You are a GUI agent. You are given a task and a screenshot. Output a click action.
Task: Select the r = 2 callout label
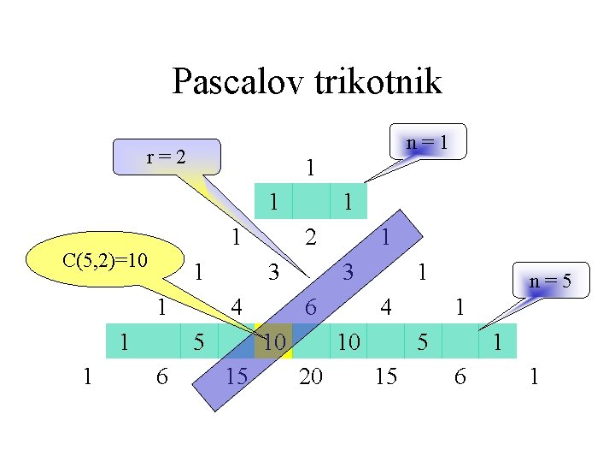(167, 157)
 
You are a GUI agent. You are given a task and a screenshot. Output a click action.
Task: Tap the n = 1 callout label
(427, 142)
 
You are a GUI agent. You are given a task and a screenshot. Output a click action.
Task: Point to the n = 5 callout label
(549, 280)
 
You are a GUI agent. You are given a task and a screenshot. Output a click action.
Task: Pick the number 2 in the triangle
(312, 237)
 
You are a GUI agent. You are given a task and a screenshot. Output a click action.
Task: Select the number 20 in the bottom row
(311, 376)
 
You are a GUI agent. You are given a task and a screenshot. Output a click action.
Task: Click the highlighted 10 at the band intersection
(273, 342)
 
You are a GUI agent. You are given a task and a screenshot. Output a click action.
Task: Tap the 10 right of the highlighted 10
(348, 342)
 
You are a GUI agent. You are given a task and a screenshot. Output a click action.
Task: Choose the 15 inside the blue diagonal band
(237, 376)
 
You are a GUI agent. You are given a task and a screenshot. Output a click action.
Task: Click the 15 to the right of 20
(386, 376)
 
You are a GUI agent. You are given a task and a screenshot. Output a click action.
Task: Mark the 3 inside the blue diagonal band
(348, 273)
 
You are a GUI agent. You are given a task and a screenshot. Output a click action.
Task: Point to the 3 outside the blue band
(273, 273)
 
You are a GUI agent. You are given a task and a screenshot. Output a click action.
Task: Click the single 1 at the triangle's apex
(311, 168)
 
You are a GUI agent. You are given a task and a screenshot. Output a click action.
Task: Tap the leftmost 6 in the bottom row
(162, 376)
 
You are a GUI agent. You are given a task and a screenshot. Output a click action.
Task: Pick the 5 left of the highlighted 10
(199, 342)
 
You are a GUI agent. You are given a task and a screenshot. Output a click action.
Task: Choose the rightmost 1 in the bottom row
(534, 376)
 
